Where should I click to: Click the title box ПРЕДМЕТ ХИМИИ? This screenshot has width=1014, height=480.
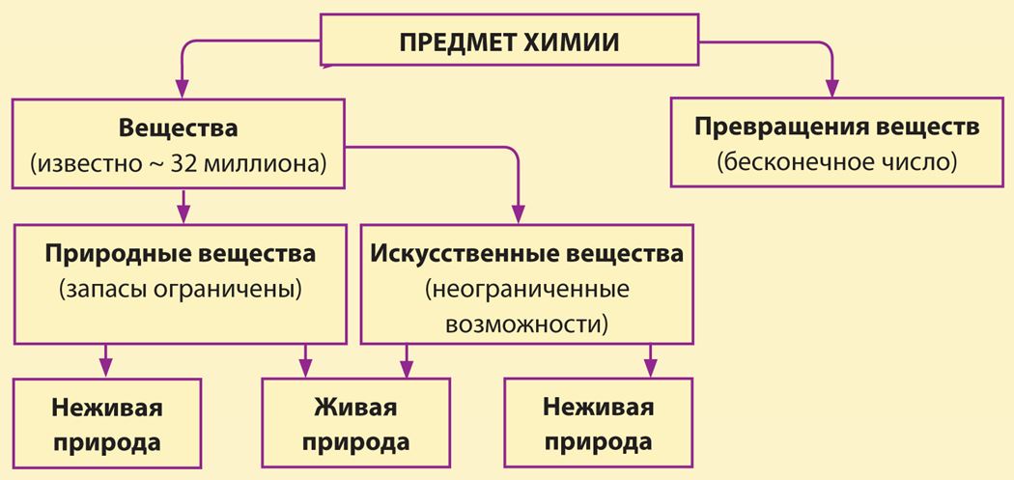tap(510, 40)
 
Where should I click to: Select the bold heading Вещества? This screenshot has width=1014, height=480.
tap(178, 128)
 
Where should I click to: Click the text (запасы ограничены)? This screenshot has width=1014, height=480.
tap(181, 289)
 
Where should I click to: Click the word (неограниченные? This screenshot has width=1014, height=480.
tap(527, 289)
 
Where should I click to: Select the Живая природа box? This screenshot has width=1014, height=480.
tap(355, 422)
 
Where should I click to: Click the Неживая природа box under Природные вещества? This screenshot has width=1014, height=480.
tap(106, 422)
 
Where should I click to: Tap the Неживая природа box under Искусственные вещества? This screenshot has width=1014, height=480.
tap(598, 422)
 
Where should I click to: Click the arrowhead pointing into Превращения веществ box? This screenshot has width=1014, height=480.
tap(831, 89)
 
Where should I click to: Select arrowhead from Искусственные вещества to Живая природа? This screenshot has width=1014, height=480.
tap(407, 369)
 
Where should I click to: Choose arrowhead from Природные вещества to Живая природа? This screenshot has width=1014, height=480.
tap(305, 369)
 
